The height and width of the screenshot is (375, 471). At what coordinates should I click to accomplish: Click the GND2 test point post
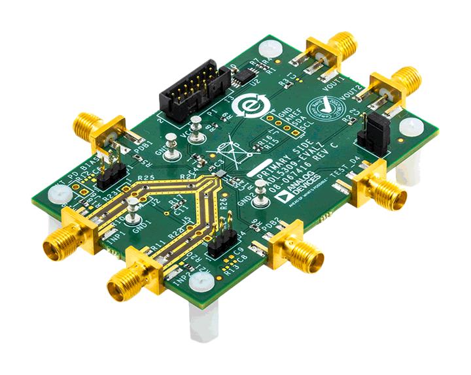[x=260, y=190]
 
